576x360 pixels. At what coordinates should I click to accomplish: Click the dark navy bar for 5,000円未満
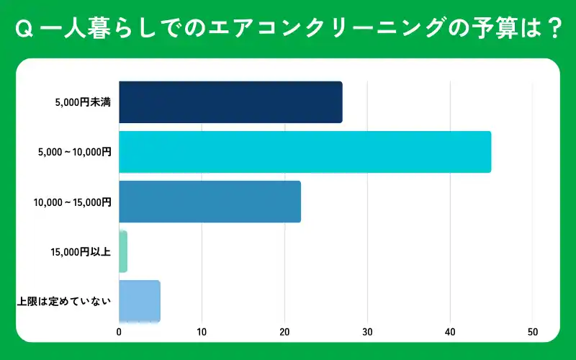click(230, 102)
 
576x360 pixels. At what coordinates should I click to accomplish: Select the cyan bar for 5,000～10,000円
click(305, 152)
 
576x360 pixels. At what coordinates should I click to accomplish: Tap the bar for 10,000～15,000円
click(210, 202)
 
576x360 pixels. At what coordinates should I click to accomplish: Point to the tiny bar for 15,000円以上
click(123, 251)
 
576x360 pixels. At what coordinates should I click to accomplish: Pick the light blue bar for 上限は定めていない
click(140, 301)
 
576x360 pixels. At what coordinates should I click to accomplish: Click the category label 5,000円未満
click(83, 103)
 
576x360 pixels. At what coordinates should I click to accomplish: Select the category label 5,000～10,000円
click(75, 153)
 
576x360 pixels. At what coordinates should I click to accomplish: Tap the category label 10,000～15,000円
click(72, 202)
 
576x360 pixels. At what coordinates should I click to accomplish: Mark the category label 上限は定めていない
click(64, 301)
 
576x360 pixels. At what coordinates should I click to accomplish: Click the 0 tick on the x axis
click(119, 332)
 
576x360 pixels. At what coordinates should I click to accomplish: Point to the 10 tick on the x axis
click(202, 332)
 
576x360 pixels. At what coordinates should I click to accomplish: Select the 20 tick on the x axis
click(284, 332)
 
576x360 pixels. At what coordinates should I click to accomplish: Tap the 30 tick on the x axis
click(367, 332)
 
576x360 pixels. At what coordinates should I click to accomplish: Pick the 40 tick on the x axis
click(450, 332)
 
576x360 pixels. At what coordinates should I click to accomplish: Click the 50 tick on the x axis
click(533, 332)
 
